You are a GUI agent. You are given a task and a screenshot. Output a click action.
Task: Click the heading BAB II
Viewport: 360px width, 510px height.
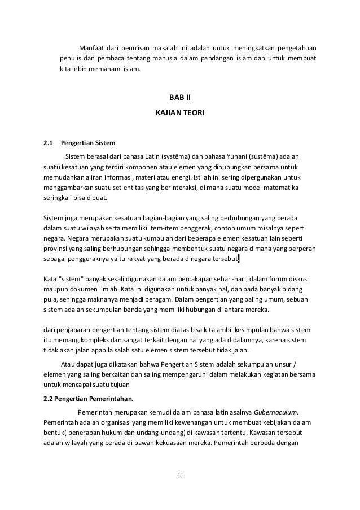point(180,98)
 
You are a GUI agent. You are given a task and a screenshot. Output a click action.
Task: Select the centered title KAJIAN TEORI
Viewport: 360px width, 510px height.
point(180,113)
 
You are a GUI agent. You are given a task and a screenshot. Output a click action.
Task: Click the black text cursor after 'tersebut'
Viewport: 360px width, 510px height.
point(239,259)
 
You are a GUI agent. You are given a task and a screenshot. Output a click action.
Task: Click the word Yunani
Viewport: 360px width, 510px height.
point(239,155)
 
